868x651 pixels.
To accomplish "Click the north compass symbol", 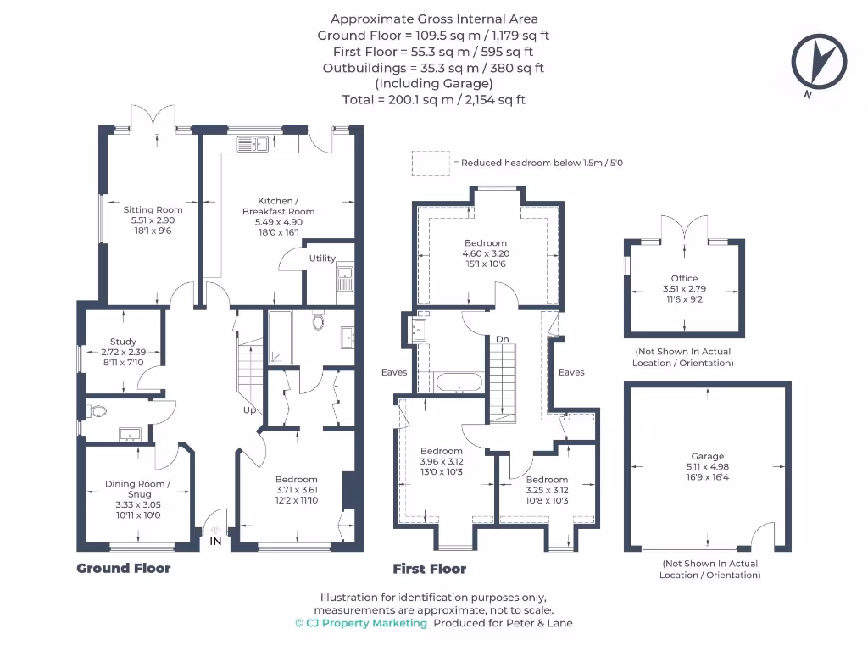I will [x=819, y=61].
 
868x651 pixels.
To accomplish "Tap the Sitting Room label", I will [x=153, y=209].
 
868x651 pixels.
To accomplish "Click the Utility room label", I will [x=322, y=259].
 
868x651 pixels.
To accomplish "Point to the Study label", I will [x=123, y=342].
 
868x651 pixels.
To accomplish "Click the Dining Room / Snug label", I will [x=137, y=488].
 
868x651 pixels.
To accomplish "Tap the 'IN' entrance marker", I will [x=215, y=540].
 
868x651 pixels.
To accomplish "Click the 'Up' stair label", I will [x=250, y=410].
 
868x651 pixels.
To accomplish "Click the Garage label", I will [x=707, y=456].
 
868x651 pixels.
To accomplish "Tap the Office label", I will [x=684, y=278].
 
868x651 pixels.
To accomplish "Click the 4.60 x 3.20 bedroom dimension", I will [x=485, y=253].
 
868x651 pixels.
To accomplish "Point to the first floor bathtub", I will [x=459, y=382].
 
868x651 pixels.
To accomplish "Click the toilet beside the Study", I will [x=97, y=412].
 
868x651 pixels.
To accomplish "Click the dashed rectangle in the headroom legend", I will [x=431, y=164].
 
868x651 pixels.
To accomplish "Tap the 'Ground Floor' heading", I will [x=124, y=569].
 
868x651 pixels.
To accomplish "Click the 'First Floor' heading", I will [x=429, y=569].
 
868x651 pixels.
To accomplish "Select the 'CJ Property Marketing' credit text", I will [x=361, y=623].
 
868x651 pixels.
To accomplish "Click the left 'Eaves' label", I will [x=393, y=372].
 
